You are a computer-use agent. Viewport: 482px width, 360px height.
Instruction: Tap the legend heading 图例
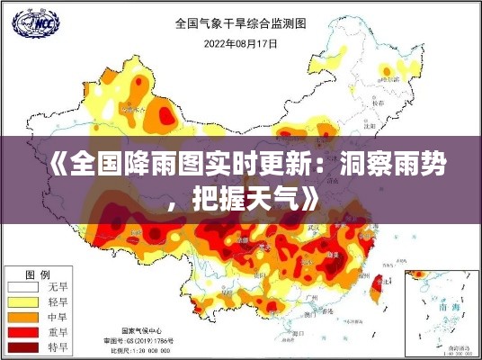coord(37,274)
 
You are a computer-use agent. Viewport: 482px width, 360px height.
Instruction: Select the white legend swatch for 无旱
coord(23,288)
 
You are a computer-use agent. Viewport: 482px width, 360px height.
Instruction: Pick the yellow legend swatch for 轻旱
coord(23,302)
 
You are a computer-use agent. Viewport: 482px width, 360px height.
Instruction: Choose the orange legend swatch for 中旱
coord(23,317)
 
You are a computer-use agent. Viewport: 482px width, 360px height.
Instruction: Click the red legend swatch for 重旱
coord(23,331)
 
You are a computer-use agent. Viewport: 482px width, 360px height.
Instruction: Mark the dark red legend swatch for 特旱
coord(23,346)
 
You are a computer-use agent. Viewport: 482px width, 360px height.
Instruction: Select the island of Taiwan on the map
coord(377,288)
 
